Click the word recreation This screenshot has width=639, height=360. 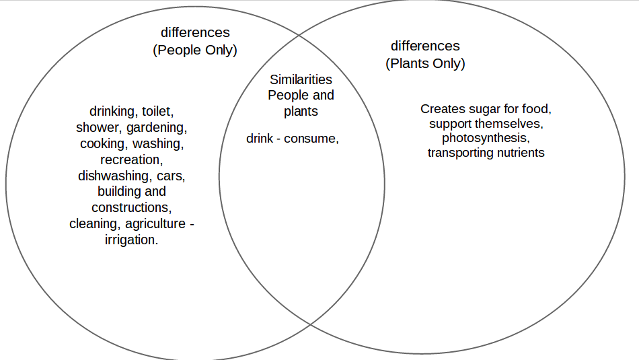tap(131, 159)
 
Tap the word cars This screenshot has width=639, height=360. tap(171, 176)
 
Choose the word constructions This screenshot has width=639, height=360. tap(130, 207)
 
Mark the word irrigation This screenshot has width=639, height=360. tap(132, 240)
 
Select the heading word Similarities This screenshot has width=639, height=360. tap(301, 79)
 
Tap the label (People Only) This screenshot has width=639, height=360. tap(195, 50)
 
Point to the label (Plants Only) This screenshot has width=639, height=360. tap(425, 63)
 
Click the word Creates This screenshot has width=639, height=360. tap(441, 108)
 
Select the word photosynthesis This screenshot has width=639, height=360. tap(486, 138)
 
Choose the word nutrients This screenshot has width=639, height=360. tap(519, 153)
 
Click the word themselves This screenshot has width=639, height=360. tap(509, 123)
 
